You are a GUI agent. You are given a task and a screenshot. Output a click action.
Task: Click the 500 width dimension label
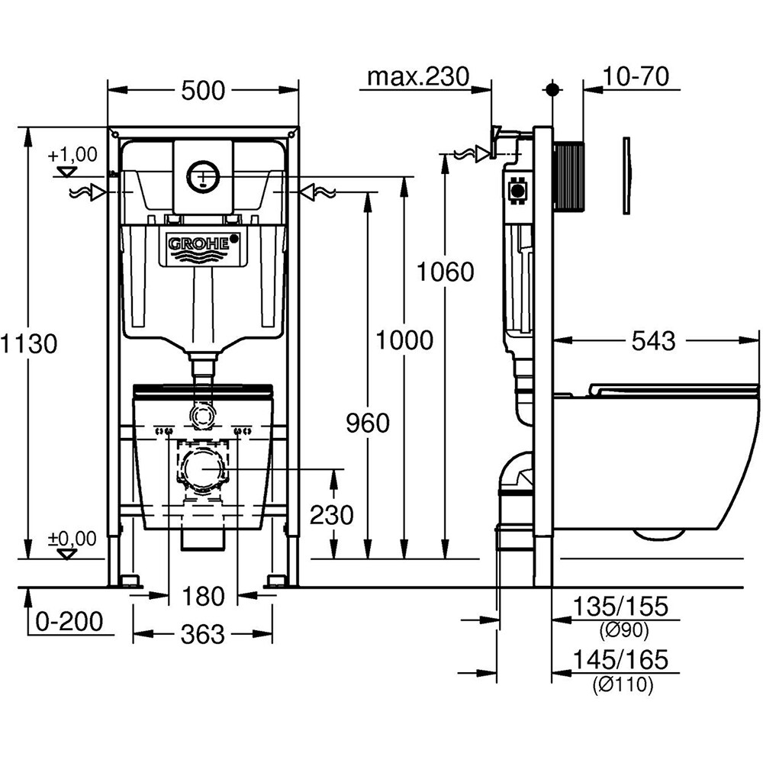pyautogui.click(x=203, y=90)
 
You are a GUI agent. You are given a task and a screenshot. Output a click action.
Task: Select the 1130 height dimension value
pyautogui.click(x=29, y=344)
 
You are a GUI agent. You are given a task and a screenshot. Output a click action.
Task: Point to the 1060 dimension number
pyautogui.click(x=446, y=271)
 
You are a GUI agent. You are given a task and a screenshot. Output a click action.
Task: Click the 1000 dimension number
pyautogui.click(x=404, y=340)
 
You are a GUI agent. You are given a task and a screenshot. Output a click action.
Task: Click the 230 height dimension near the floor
pyautogui.click(x=332, y=516)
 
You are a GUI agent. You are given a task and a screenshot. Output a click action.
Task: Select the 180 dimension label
pyautogui.click(x=203, y=595)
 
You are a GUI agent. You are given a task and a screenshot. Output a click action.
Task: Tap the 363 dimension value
pyautogui.click(x=203, y=634)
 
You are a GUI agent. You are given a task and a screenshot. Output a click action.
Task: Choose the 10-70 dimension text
pyautogui.click(x=635, y=76)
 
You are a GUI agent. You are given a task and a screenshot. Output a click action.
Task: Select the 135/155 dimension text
pyautogui.click(x=620, y=607)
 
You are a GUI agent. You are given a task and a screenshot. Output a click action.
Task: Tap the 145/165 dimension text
pyautogui.click(x=620, y=658)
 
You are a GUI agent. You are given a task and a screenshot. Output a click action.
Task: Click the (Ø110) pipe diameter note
pyautogui.click(x=623, y=685)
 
